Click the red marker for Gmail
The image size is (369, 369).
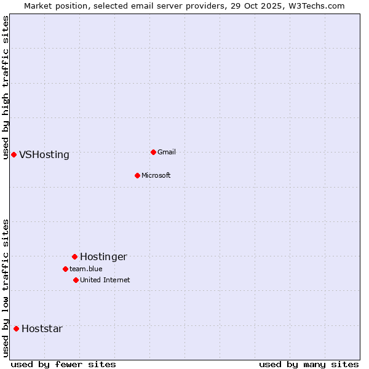pyautogui.click(x=153, y=152)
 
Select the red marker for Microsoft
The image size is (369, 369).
pyautogui.click(x=137, y=175)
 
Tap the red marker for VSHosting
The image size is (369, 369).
pyautogui.click(x=14, y=154)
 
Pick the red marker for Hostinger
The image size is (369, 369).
pyautogui.click(x=74, y=256)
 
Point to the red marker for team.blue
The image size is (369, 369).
pyautogui.click(x=65, y=269)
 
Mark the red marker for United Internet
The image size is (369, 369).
pyautogui.click(x=76, y=280)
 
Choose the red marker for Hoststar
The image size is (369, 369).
pyautogui.click(x=16, y=328)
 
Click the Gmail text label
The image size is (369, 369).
pyautogui.click(x=167, y=152)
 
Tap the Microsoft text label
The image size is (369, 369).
pyautogui.click(x=156, y=175)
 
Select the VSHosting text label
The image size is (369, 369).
pyautogui.click(x=44, y=154)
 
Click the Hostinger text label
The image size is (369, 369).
pyautogui.click(x=103, y=256)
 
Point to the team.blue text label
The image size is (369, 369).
pyautogui.click(x=86, y=269)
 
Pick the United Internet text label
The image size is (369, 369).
pyautogui.click(x=105, y=280)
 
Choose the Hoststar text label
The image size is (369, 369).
pyautogui.click(x=42, y=328)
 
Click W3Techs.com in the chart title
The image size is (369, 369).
pyautogui.click(x=318, y=6)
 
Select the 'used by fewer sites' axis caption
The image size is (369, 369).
pyautogui.click(x=63, y=364)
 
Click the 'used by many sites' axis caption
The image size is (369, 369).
pyautogui.click(x=309, y=364)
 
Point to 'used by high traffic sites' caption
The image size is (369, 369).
pyautogui.click(x=6, y=87)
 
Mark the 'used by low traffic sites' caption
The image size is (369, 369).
pyautogui.click(x=6, y=288)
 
